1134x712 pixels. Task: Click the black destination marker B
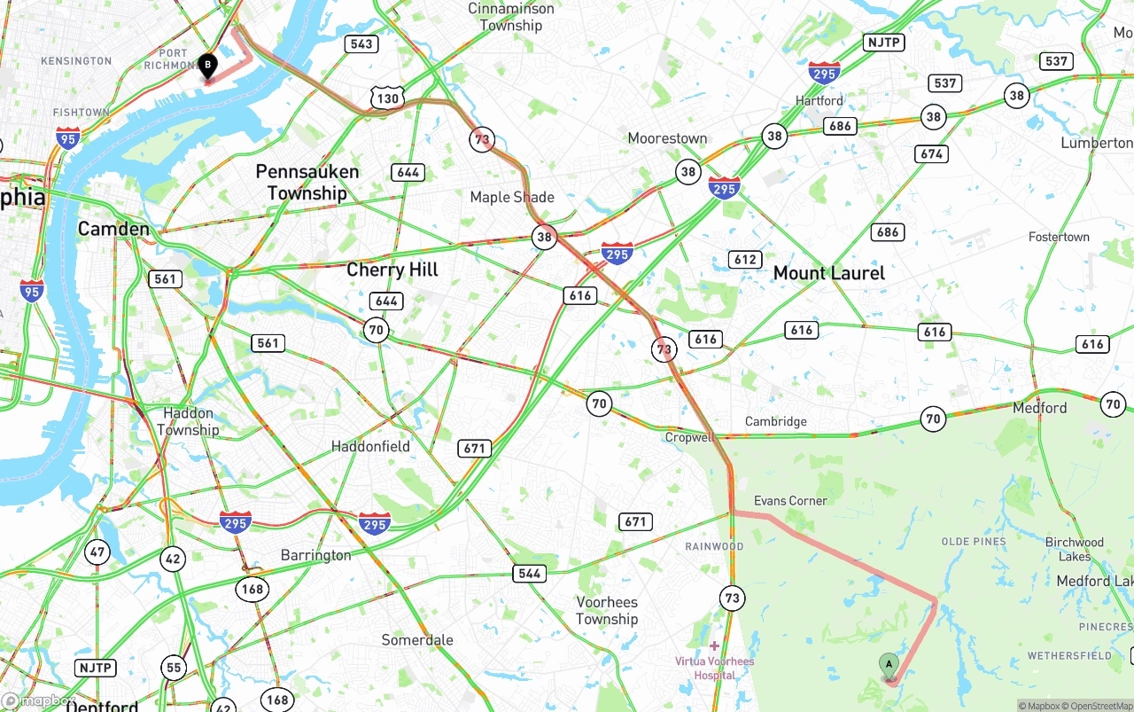[x=207, y=66]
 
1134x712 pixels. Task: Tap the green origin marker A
[x=889, y=665]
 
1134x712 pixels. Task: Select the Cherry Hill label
[x=392, y=270]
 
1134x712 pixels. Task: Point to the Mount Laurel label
[x=829, y=273]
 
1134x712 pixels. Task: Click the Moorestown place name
[x=667, y=138]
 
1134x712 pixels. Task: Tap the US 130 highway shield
[x=388, y=98]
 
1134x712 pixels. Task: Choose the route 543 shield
[x=361, y=43]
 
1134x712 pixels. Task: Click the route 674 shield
[x=931, y=153]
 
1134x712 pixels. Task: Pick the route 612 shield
[x=745, y=259]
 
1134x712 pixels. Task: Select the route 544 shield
[x=529, y=574]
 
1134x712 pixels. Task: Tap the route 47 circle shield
[x=97, y=552]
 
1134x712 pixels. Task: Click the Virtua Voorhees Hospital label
[x=715, y=668]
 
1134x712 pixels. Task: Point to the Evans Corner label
[x=790, y=501]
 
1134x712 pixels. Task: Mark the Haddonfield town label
[x=370, y=446]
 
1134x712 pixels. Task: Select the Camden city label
[x=113, y=229]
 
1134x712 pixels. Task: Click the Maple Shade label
[x=512, y=197]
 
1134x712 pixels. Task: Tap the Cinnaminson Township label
[x=511, y=17]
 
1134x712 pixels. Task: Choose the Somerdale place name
[x=417, y=640]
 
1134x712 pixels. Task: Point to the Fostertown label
[x=1059, y=237]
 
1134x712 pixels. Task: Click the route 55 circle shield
[x=174, y=668]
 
